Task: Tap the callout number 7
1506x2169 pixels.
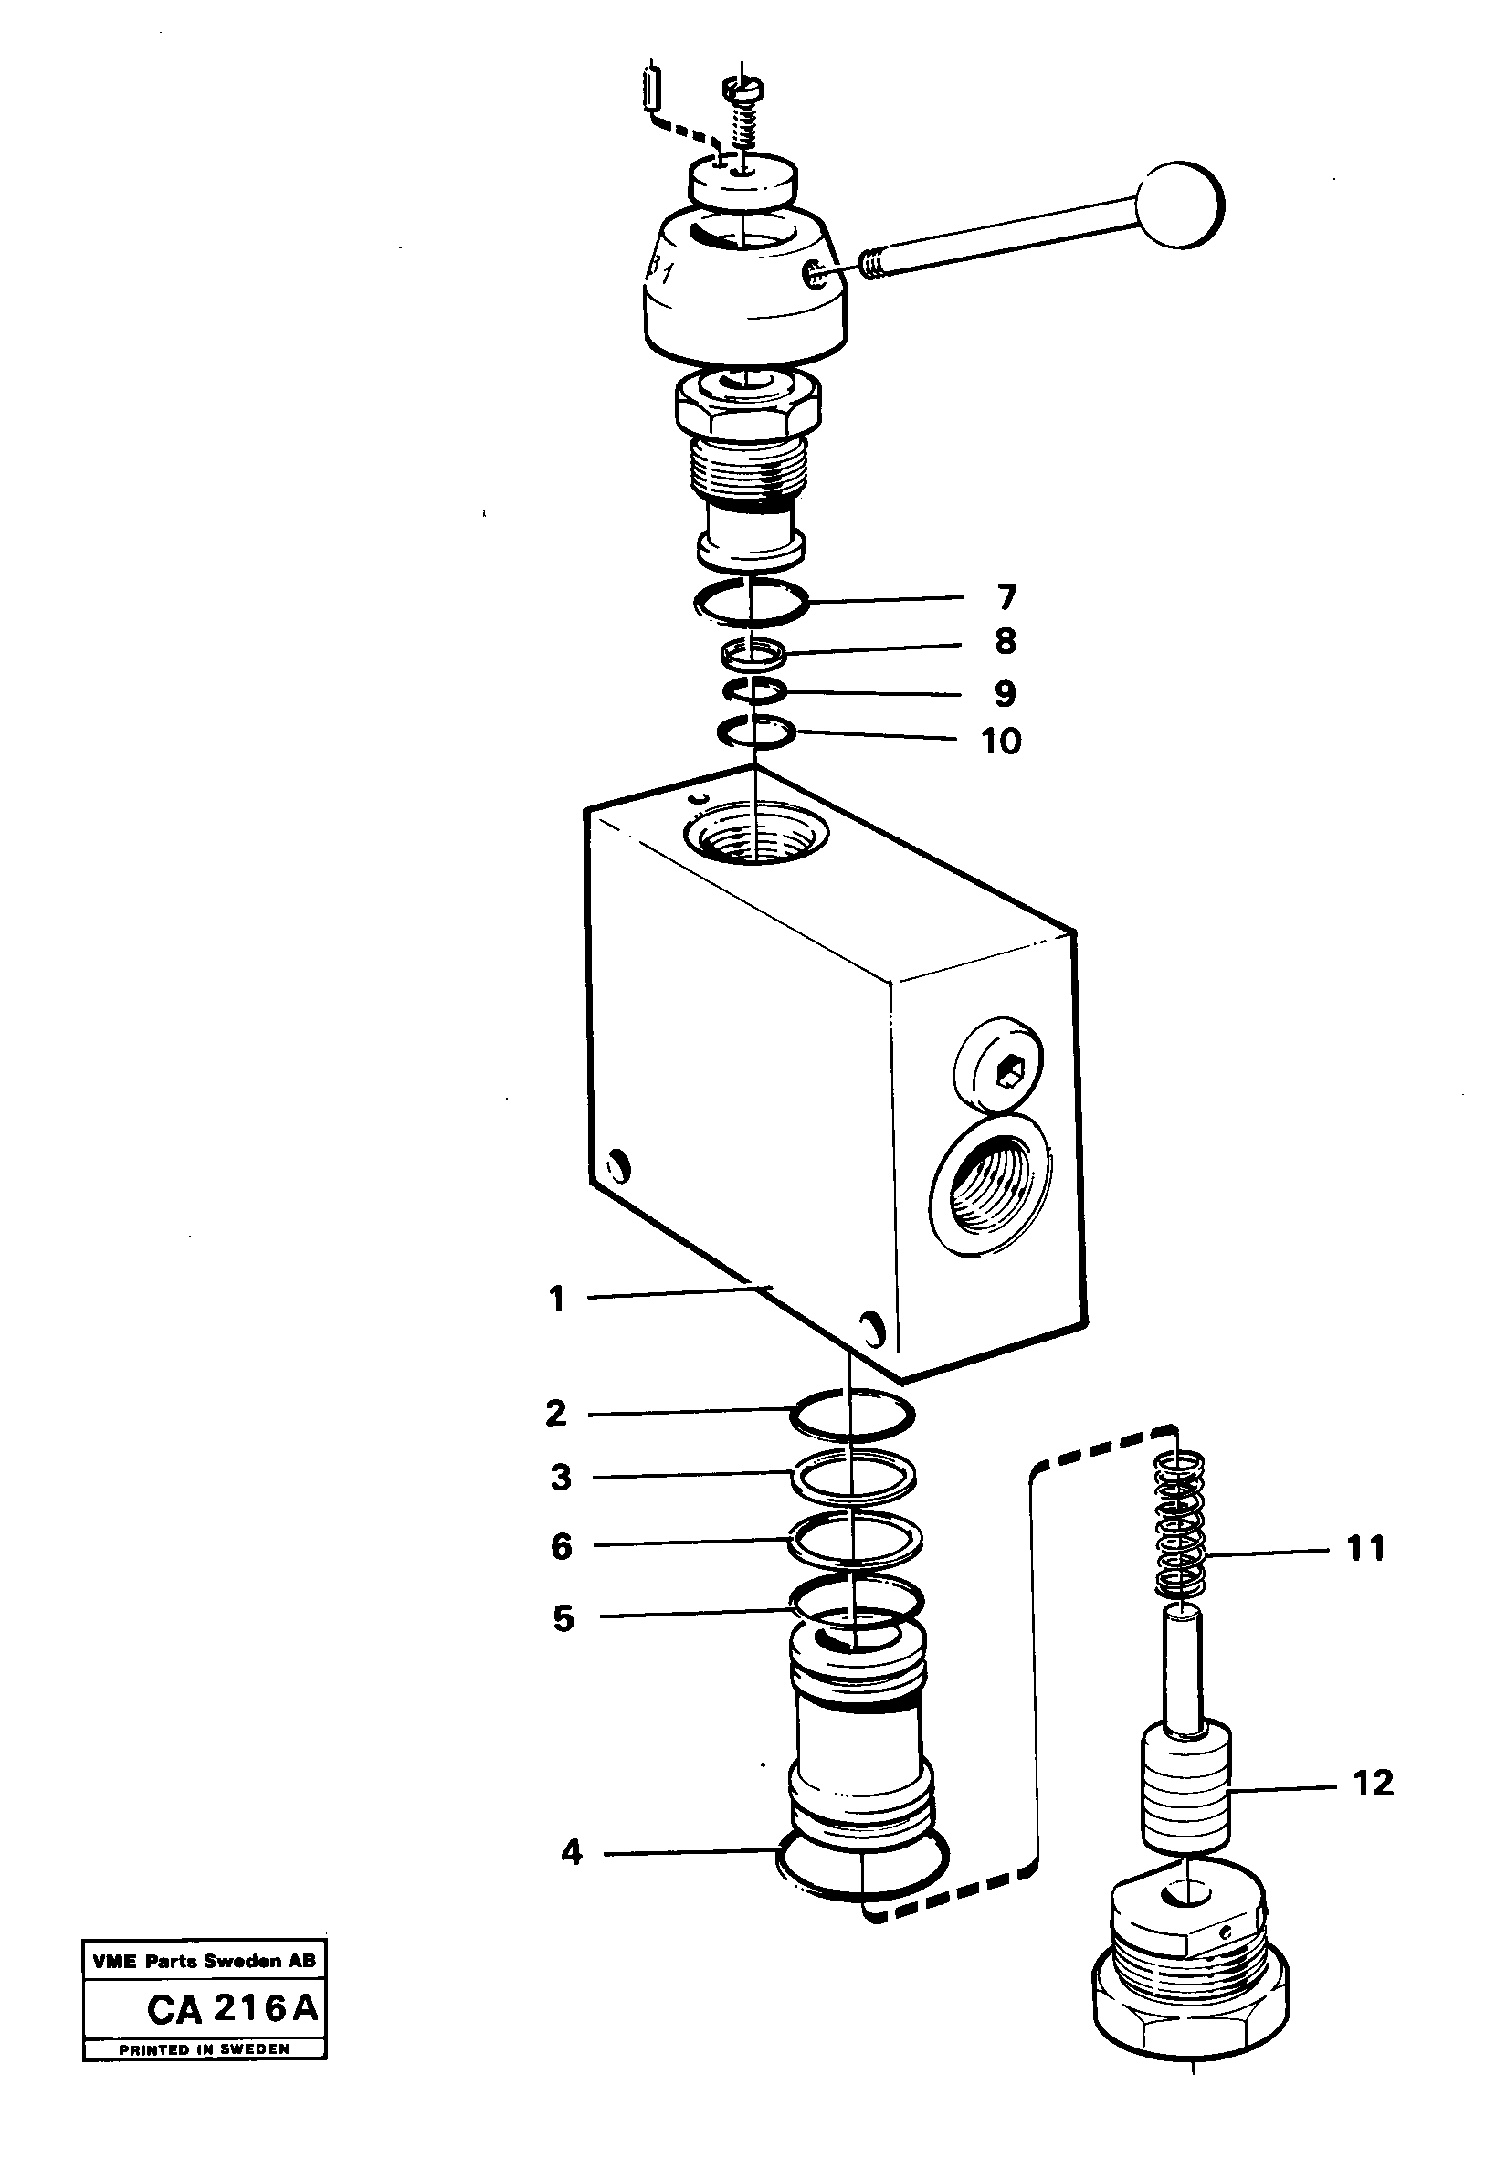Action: (x=1006, y=597)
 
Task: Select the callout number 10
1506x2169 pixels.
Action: (x=1001, y=741)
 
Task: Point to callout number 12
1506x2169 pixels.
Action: (x=1373, y=1783)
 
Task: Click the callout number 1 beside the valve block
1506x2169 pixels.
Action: (x=557, y=1300)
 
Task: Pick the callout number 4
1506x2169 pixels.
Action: (x=571, y=1852)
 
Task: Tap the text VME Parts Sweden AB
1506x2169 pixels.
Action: (x=204, y=1961)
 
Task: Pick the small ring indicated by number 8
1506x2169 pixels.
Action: (x=752, y=651)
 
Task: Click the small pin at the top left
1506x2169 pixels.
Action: (x=649, y=87)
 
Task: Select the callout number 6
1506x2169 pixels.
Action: (x=562, y=1546)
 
